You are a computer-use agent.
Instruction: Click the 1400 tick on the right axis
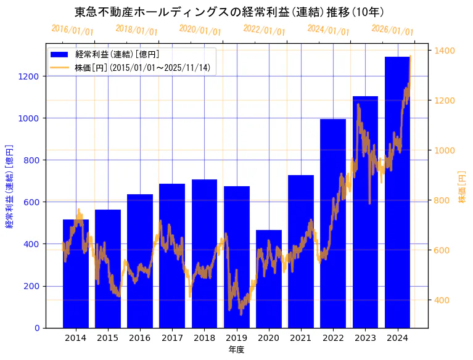click(x=445, y=51)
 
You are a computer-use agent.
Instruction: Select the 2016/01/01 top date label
click(x=72, y=30)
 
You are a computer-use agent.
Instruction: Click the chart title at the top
click(x=229, y=12)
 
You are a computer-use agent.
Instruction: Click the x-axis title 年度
click(x=236, y=350)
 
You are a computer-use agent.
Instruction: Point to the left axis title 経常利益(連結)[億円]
click(x=10, y=186)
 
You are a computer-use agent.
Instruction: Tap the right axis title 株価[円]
click(x=463, y=187)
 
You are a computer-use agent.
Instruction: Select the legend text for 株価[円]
click(x=142, y=67)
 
